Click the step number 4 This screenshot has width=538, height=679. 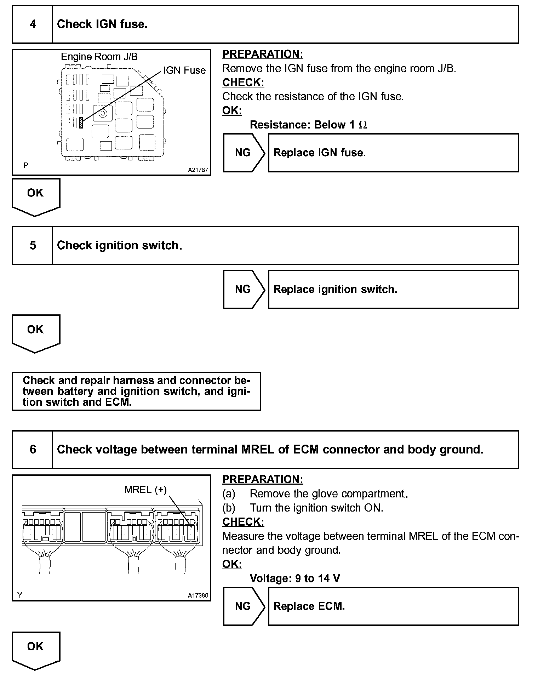(x=33, y=24)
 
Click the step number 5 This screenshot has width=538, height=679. (x=33, y=245)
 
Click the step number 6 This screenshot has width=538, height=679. (x=33, y=450)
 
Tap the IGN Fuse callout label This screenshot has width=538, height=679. (x=184, y=70)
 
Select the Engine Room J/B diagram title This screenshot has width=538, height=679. (x=99, y=57)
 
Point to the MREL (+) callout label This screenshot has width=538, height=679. (x=145, y=490)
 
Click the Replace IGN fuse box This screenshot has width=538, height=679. (x=393, y=153)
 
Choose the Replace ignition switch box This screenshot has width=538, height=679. (x=393, y=290)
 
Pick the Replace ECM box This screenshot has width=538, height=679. (x=393, y=606)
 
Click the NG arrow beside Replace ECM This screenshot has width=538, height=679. (x=243, y=606)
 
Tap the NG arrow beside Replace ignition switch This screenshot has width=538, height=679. (x=243, y=290)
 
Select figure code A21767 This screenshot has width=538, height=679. (x=198, y=170)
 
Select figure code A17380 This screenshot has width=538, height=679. (x=198, y=595)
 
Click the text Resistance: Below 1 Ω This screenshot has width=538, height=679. (x=308, y=125)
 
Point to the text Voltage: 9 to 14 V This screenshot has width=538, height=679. (x=295, y=578)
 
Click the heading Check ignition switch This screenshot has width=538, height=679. (x=119, y=245)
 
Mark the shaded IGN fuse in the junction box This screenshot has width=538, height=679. (x=81, y=123)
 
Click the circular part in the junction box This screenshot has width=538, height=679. (x=103, y=113)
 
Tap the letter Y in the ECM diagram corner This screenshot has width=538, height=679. (x=20, y=595)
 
